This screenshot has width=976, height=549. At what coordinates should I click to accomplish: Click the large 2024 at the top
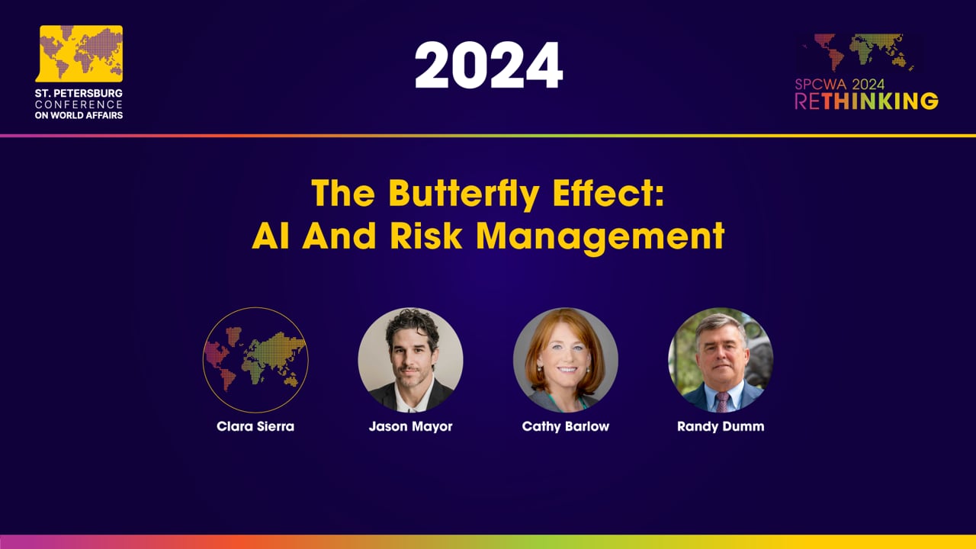pyautogui.click(x=488, y=66)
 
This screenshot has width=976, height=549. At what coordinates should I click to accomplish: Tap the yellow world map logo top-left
pyautogui.click(x=81, y=53)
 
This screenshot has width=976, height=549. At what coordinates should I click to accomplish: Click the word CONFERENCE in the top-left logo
pyautogui.click(x=79, y=104)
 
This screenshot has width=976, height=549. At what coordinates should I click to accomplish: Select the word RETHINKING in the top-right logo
pyautogui.click(x=866, y=101)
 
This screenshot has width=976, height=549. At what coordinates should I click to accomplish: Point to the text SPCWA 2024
pyautogui.click(x=839, y=85)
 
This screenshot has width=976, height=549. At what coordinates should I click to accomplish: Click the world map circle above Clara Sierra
pyautogui.click(x=255, y=360)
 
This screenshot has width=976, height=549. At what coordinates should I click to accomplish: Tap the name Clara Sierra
pyautogui.click(x=255, y=426)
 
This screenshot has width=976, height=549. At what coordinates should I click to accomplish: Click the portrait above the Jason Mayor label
pyautogui.click(x=410, y=360)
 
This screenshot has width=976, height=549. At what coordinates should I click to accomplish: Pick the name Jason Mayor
pyautogui.click(x=410, y=426)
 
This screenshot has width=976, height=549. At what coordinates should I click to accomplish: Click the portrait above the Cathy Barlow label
pyautogui.click(x=566, y=360)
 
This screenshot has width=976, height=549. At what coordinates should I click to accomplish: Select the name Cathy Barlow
pyautogui.click(x=566, y=426)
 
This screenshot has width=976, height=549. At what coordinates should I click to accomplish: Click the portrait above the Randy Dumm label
pyautogui.click(x=721, y=360)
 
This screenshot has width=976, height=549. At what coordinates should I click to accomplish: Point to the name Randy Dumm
pyautogui.click(x=721, y=426)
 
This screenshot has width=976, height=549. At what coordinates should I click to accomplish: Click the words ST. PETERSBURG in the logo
pyautogui.click(x=79, y=93)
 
